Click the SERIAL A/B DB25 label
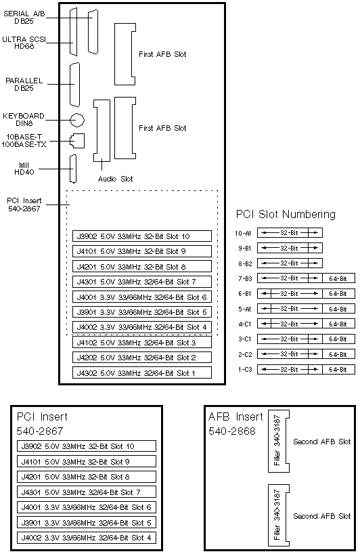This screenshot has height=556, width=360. point(24,17)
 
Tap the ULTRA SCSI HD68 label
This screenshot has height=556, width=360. point(24,43)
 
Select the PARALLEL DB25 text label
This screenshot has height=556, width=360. point(24,85)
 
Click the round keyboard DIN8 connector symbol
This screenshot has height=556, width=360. point(77,120)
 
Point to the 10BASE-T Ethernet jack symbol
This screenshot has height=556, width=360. point(77,141)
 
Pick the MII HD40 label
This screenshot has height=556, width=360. point(24,169)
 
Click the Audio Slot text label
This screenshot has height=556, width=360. point(115,179)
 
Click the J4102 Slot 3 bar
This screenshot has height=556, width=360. point(141,342)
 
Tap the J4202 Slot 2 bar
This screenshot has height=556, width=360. point(141,358)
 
